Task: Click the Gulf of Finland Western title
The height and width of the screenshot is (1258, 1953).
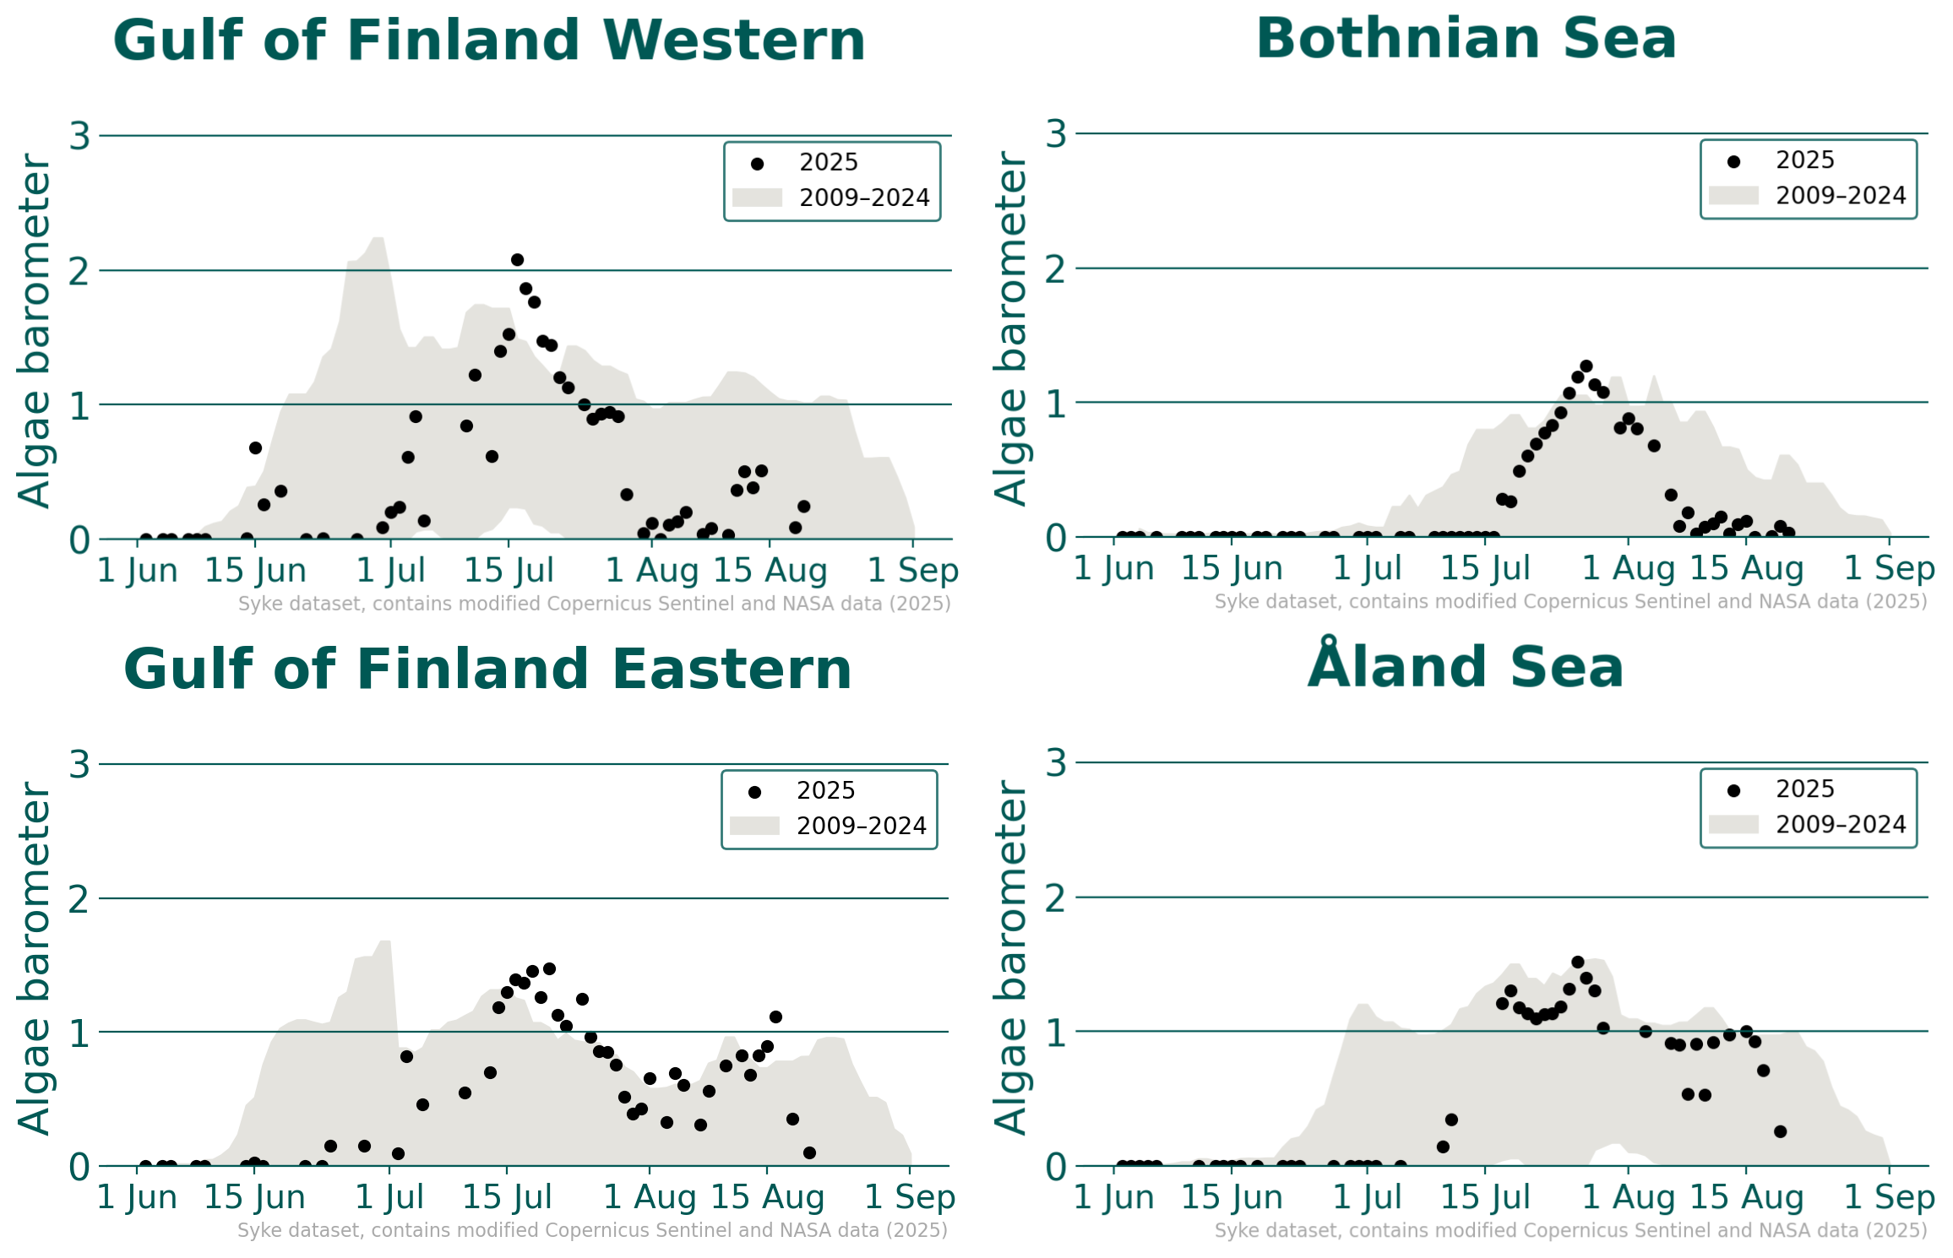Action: pyautogui.click(x=489, y=41)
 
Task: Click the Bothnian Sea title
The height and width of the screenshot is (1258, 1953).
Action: pyautogui.click(x=1466, y=39)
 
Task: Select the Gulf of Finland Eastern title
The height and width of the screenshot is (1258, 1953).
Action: pyautogui.click(x=487, y=670)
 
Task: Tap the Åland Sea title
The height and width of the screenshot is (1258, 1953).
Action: pyautogui.click(x=1466, y=667)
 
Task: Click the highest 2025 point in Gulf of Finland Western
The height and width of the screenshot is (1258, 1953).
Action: pyautogui.click(x=517, y=260)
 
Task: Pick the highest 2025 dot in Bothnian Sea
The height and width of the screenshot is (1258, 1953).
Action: pyautogui.click(x=1586, y=366)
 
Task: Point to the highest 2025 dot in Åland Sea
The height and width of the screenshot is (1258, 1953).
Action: pyautogui.click(x=1577, y=962)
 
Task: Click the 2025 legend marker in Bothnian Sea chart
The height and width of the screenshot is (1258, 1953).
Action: pyautogui.click(x=1733, y=162)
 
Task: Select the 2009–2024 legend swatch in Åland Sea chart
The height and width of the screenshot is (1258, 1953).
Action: pyautogui.click(x=1733, y=825)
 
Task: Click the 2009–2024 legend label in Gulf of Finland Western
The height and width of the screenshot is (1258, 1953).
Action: pyautogui.click(x=864, y=198)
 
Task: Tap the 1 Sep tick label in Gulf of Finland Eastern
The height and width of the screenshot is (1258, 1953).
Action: pyautogui.click(x=910, y=1197)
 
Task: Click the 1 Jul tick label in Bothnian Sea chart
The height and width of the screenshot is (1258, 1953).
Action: pyautogui.click(x=1367, y=569)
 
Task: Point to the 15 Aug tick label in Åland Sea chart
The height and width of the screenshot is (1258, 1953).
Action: pyautogui.click(x=1746, y=1197)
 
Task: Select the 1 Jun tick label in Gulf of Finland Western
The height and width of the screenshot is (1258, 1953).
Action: pyautogui.click(x=138, y=571)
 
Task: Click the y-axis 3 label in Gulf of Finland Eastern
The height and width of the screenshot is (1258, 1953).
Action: pyautogui.click(x=80, y=765)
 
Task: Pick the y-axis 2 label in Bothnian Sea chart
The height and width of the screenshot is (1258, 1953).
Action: pyautogui.click(x=1056, y=270)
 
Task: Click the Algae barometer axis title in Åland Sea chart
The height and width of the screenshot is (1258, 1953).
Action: pyautogui.click(x=1010, y=957)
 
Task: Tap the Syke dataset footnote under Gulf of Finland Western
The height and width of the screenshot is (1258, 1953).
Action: pyautogui.click(x=594, y=605)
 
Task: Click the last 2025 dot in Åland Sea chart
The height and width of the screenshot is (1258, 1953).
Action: pyautogui.click(x=1780, y=1131)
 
